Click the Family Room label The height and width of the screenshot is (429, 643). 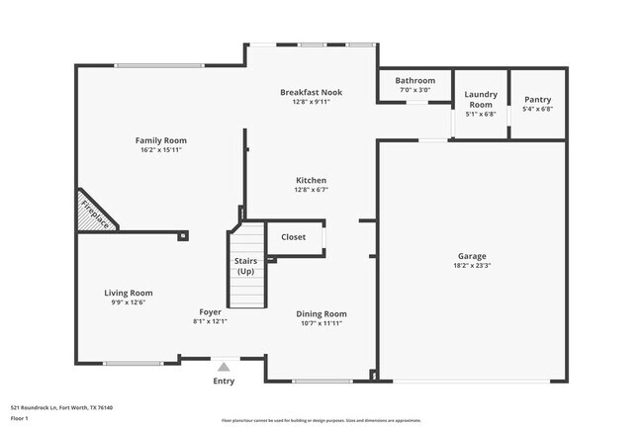point(160,140)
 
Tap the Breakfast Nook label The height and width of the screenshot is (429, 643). point(311,92)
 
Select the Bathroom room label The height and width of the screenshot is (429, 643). point(414,80)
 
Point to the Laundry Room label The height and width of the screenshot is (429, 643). point(480,99)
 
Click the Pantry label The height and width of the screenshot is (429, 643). point(537,99)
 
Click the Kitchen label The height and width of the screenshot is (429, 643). point(311,180)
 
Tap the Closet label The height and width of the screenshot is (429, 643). point(294,237)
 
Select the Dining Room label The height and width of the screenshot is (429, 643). point(321,313)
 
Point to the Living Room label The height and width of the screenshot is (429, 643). point(129,293)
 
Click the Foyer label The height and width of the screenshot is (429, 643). point(210,311)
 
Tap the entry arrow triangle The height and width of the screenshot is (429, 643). point(224,366)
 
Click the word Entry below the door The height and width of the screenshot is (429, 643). point(225,381)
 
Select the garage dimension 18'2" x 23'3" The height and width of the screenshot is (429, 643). point(471,265)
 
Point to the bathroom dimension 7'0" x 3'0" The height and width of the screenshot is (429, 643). point(414,90)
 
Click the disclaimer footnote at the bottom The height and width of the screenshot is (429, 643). point(321,420)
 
